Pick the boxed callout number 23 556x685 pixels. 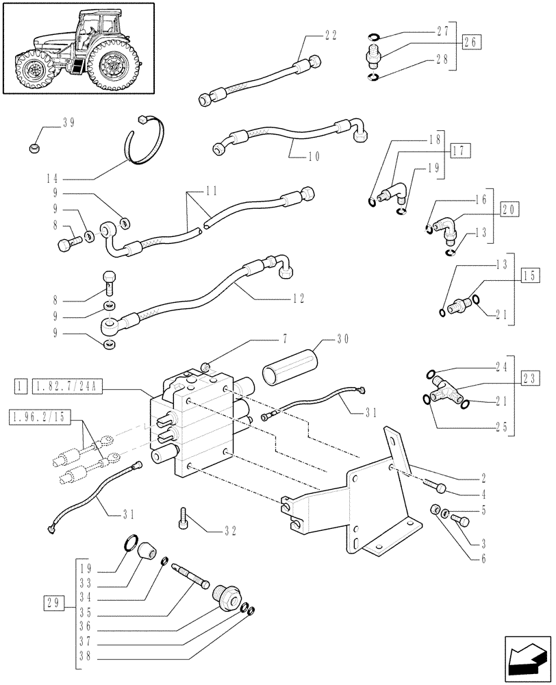529,377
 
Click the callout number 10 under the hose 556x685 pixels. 314,156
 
